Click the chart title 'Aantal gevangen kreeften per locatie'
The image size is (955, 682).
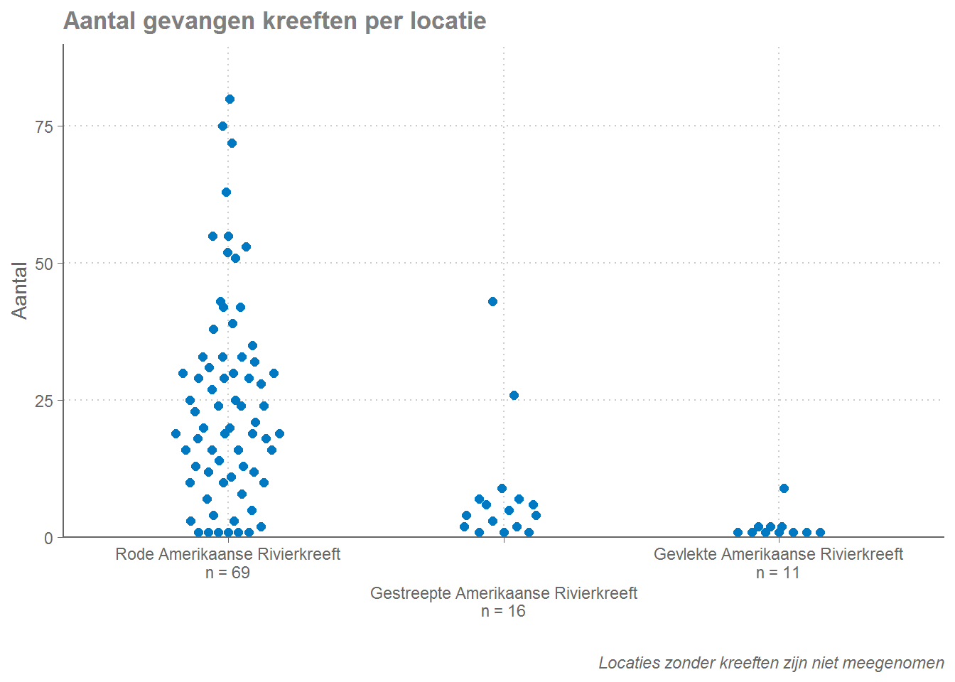[274, 21]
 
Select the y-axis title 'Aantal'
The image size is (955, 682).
[20, 291]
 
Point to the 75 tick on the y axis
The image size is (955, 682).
[44, 126]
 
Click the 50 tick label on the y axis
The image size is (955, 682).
[44, 264]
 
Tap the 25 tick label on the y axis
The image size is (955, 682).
[44, 401]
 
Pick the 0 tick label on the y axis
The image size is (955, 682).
[48, 538]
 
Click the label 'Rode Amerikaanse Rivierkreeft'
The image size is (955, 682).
[227, 554]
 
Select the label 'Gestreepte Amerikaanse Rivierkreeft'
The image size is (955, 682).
[503, 593]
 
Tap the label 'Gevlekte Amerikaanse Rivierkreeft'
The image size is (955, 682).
[778, 554]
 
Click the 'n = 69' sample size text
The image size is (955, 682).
[227, 573]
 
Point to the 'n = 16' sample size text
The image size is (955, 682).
[503, 611]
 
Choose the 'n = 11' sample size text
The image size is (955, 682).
[778, 573]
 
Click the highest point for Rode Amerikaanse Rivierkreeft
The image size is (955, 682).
[230, 99]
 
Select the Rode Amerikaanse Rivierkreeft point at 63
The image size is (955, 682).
[226, 192]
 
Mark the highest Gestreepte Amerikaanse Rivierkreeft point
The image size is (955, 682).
[492, 302]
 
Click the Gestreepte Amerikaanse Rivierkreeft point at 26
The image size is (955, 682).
[514, 395]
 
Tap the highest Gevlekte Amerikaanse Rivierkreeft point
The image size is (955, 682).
[784, 488]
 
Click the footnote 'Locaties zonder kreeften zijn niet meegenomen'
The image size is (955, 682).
[771, 663]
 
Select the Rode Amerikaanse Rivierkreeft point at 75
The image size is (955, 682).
[222, 126]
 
